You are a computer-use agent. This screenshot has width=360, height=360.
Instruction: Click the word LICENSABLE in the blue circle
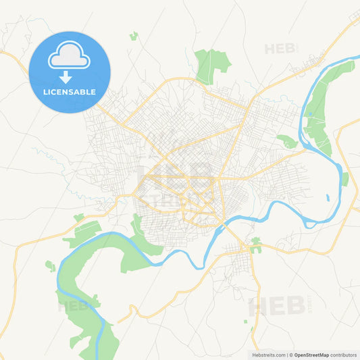click(68, 92)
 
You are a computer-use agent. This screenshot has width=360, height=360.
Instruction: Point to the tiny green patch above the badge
click(134, 35)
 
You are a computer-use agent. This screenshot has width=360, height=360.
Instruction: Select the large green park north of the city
click(211, 64)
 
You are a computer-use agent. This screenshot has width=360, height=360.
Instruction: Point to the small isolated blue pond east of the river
click(328, 198)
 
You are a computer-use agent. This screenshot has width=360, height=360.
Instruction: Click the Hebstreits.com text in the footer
click(263, 355)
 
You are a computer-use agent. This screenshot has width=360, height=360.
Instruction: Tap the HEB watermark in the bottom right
click(277, 306)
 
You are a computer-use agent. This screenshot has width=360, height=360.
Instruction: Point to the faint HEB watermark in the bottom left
click(74, 306)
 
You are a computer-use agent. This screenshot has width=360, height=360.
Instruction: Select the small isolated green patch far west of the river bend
click(49, 266)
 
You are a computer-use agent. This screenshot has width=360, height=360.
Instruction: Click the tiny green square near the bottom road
click(252, 330)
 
